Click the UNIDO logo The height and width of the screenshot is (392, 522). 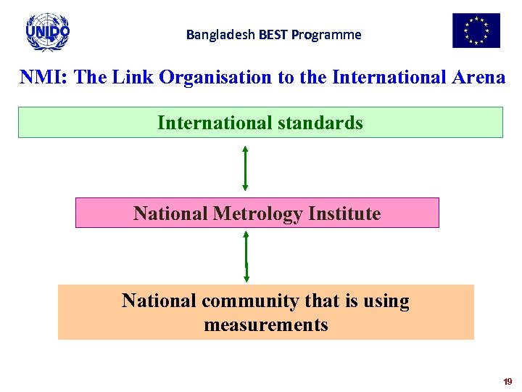pos(47,31)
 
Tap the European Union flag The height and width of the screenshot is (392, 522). pos(476,30)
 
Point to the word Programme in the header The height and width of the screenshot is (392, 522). pos(326,35)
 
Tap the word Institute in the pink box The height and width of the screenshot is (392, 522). pos(344,213)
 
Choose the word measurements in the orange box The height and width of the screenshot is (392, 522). pos(266,324)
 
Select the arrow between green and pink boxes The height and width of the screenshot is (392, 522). pos(246,168)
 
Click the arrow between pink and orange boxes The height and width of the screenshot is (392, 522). pos(246,256)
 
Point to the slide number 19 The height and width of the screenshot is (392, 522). pos(507,381)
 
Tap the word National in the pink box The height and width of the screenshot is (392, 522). pos(170,213)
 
